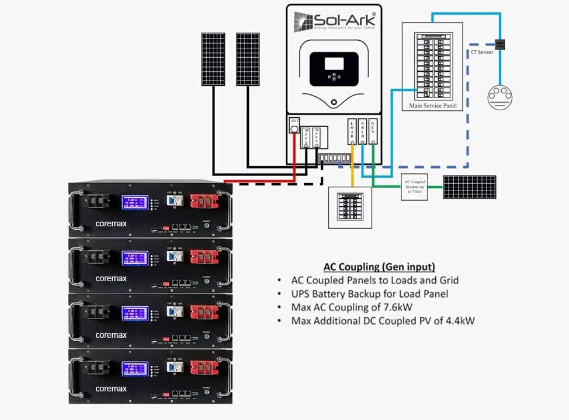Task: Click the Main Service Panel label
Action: [x=432, y=106]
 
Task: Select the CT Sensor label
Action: [x=482, y=52]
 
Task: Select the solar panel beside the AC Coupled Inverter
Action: [x=469, y=187]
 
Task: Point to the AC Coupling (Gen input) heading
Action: [x=379, y=267]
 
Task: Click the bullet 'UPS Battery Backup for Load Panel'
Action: [x=370, y=293]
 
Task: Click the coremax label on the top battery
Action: [x=111, y=223]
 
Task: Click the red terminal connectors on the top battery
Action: [x=205, y=202]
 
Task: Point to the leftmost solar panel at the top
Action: [x=214, y=58]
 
